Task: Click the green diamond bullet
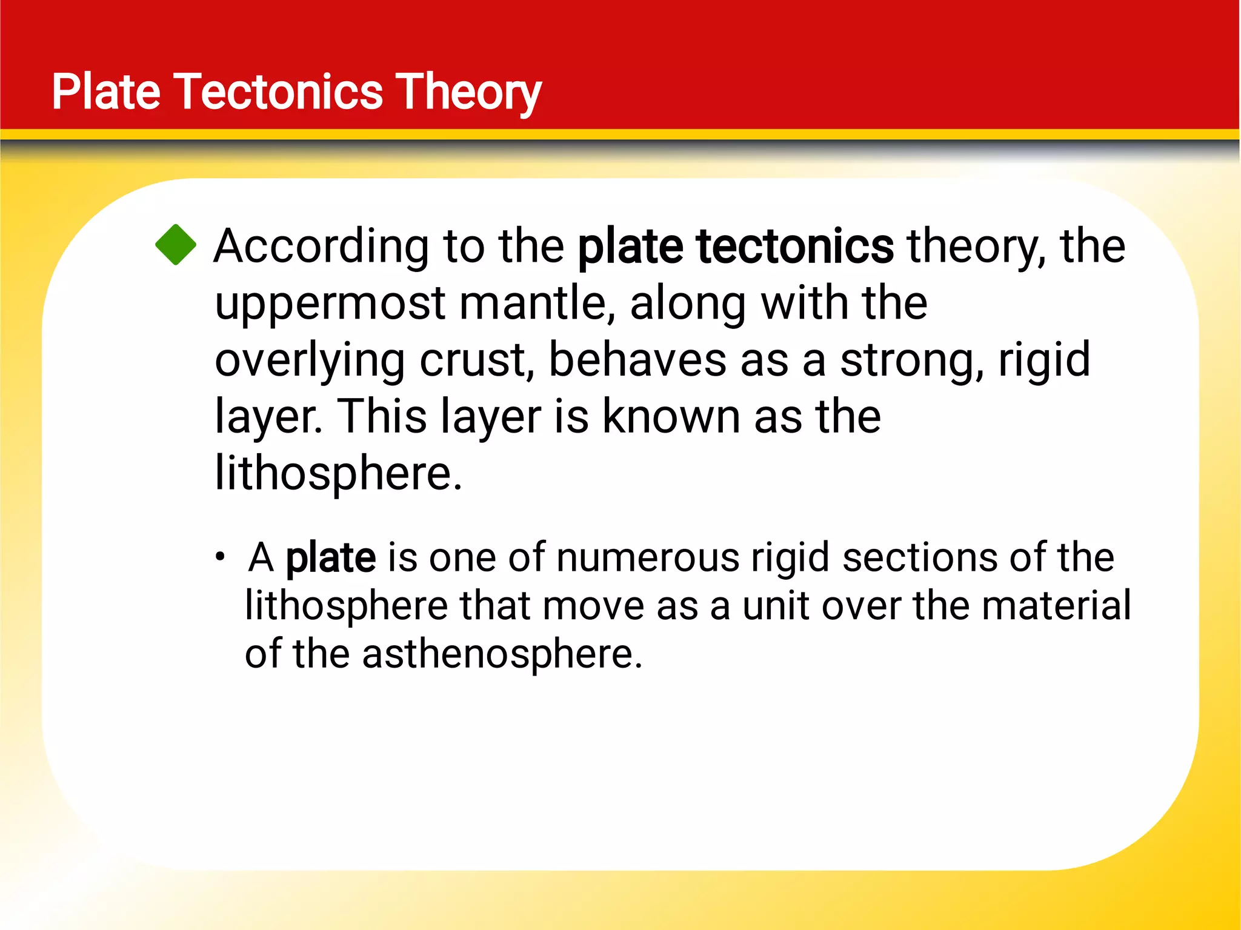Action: [176, 245]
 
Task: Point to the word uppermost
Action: [330, 303]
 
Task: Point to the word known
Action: [671, 417]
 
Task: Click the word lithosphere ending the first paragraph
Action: [338, 473]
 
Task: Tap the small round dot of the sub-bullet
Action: [221, 556]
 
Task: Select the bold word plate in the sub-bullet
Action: [331, 557]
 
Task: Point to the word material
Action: [1056, 606]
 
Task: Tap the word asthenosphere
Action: [502, 654]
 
